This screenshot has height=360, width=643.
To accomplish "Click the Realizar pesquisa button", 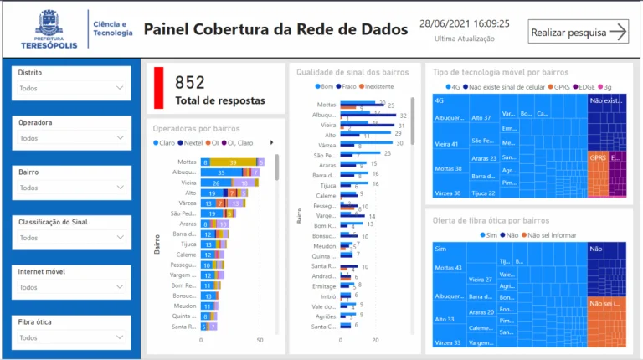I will point(579,32).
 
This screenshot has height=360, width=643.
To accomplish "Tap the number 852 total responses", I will point(190,82).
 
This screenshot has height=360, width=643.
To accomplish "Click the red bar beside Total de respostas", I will point(159,88).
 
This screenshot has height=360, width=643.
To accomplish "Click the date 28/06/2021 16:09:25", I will point(464,23).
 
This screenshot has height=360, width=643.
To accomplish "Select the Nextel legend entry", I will point(193,143).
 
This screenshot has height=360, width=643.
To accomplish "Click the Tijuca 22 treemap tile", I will point(484,193).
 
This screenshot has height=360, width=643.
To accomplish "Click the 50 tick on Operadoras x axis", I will point(260,341).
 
